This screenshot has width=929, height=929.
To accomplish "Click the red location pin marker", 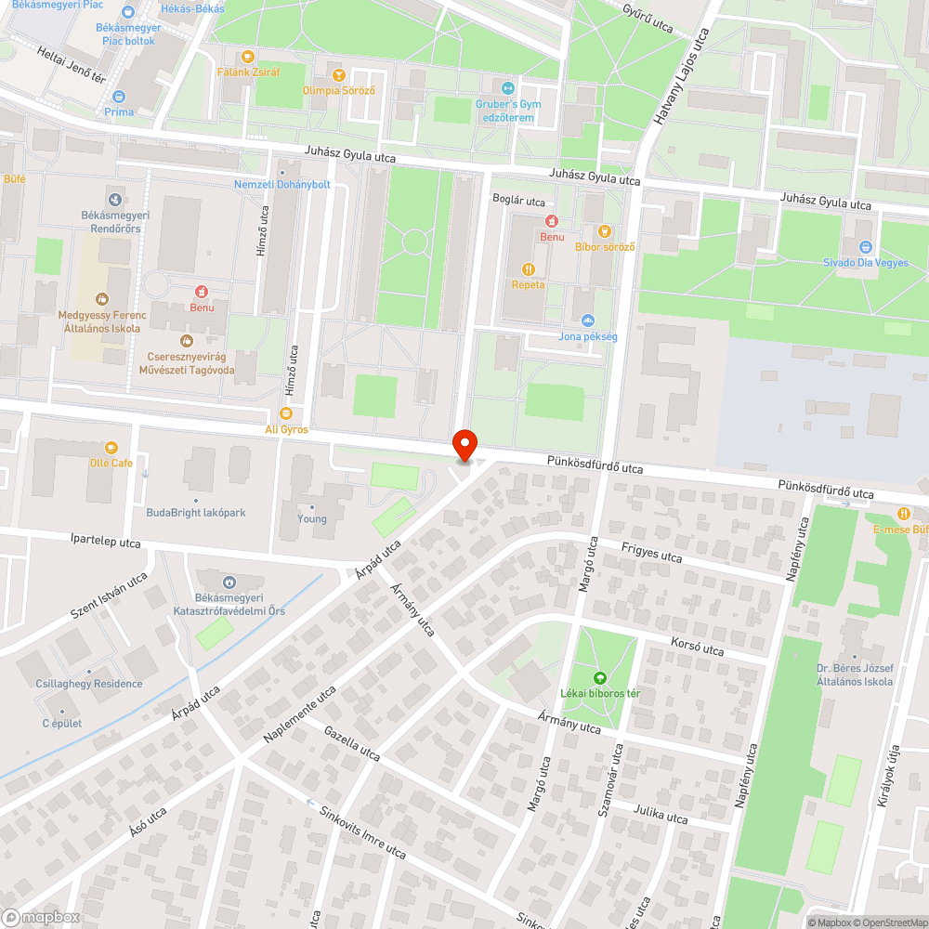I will pos(464,444).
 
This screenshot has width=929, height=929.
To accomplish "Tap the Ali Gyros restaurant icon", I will pos(286,412).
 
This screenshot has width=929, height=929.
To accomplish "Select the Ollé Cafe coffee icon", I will pos(112,447).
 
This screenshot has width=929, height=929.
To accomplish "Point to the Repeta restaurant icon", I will pos(529,269).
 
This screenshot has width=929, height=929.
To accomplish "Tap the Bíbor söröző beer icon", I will pos(605,230).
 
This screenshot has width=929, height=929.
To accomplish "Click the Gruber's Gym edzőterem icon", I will pos(505,87).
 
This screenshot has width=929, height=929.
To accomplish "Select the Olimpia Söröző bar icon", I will pos(338,74).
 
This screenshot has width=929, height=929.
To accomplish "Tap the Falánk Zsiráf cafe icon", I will pos(248,56).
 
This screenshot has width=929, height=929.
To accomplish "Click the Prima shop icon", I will pos(119,96).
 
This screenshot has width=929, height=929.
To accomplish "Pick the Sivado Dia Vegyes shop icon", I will pos(866,247).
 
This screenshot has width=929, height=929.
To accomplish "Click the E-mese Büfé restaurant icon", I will pos(902,514).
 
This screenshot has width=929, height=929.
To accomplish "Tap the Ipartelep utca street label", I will pos(106,542).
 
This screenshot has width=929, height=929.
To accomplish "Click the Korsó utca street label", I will pos(697,647).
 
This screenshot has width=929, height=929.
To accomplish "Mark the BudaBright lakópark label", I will pos(195,513).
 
